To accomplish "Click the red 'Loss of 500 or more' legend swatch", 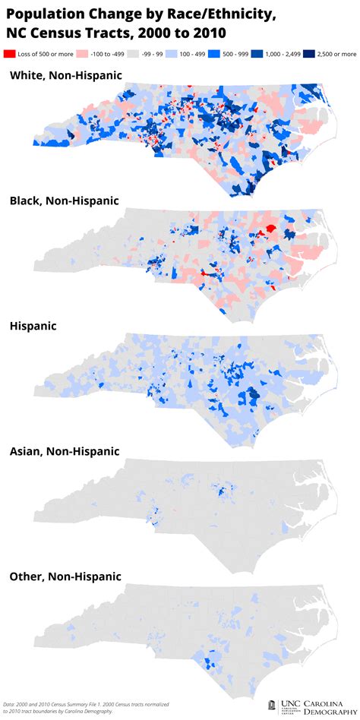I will (10, 55).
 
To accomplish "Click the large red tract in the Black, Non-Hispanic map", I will (267, 232).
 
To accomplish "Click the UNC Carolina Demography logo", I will (311, 707).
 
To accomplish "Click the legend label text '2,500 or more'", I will (337, 55).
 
